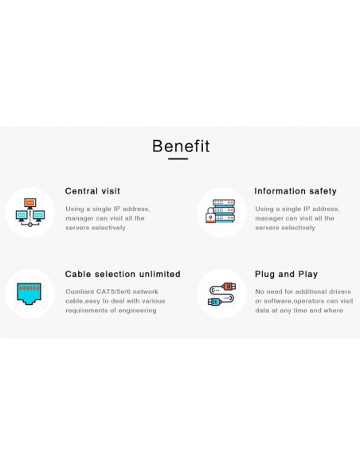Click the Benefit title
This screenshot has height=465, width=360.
[181, 146]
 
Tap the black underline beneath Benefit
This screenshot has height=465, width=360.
[178, 159]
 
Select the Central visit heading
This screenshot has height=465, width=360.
[92, 191]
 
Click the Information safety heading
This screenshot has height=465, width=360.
[295, 191]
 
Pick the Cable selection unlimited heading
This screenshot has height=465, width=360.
[123, 274]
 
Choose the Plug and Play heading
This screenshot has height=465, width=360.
[286, 275]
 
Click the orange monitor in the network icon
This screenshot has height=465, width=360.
[30, 204]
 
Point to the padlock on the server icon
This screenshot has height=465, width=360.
[210, 215]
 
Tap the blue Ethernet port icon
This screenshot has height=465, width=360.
[29, 294]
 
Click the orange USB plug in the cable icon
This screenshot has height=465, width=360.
[229, 287]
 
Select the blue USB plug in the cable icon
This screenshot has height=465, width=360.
[214, 303]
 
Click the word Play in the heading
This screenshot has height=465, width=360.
[307, 275]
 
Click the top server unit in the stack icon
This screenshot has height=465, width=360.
[224, 202]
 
